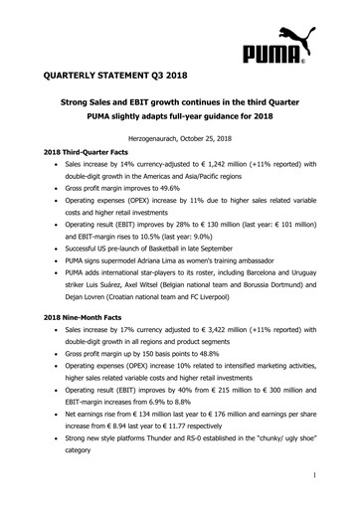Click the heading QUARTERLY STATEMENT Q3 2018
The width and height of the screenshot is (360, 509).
click(x=115, y=76)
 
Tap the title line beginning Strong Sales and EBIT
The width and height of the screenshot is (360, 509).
click(x=180, y=103)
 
